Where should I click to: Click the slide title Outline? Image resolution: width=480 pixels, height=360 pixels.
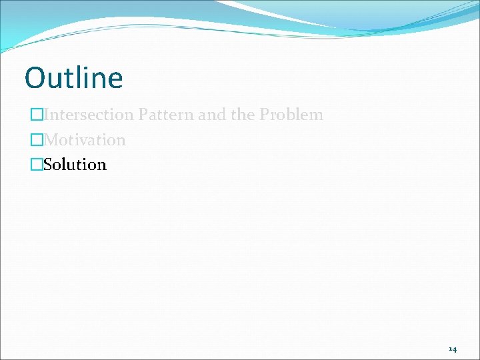73,78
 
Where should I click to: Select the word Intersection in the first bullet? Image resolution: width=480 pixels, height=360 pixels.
89,115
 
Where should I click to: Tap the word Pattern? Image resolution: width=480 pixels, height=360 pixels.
166,115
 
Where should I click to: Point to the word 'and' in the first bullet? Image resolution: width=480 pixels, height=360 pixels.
212,115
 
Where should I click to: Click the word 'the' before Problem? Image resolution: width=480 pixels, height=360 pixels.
243,115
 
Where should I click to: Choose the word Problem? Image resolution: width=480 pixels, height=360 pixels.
291,115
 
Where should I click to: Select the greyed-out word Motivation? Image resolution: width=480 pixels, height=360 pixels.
84,140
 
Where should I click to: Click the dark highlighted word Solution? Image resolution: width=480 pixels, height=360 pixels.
75,165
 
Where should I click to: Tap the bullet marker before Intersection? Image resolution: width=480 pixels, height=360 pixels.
37,115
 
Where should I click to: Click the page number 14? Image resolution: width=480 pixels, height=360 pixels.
453,349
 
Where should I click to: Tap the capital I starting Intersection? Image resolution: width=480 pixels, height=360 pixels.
46,115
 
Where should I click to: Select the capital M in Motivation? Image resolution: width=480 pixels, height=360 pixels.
51,140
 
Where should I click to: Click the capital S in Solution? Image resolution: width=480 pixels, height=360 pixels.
48,165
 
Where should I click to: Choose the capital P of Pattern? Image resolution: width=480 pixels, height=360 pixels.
143,115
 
